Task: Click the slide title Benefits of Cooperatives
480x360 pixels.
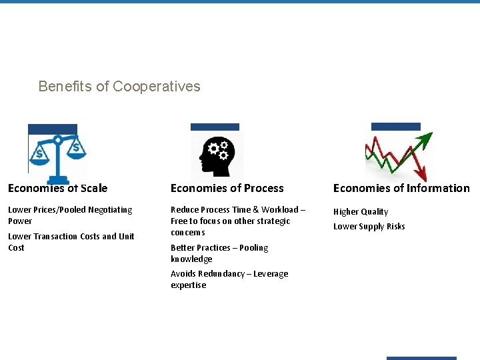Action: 119,87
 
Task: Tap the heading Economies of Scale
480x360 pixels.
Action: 57,188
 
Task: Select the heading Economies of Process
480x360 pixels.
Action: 227,188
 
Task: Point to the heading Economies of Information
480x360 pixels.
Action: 401,188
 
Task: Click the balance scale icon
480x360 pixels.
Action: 57,155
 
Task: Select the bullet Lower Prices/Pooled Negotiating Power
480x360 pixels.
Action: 70,215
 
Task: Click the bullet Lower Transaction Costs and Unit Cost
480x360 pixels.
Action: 71,241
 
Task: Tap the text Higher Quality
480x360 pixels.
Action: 361,211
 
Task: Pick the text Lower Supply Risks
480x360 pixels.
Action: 369,226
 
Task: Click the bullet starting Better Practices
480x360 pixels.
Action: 219,253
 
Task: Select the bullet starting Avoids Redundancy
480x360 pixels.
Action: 229,279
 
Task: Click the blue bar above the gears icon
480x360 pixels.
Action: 215,127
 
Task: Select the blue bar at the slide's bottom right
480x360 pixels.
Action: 421,358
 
